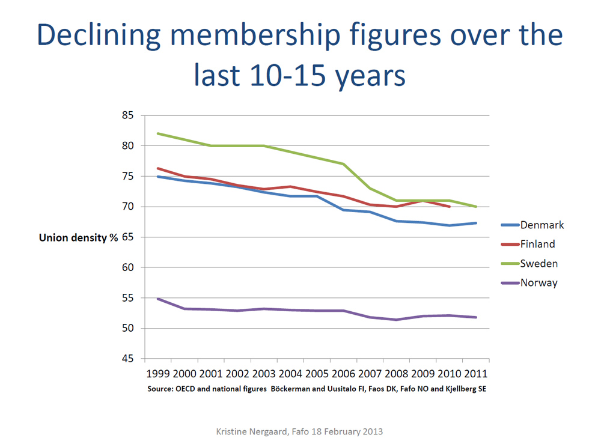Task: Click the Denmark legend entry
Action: click(541, 225)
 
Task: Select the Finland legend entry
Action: click(537, 245)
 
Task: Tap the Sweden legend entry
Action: click(538, 264)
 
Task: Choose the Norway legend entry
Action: click(538, 283)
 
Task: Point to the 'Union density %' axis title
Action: click(78, 237)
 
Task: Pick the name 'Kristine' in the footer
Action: click(233, 431)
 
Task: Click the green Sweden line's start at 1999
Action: click(158, 133)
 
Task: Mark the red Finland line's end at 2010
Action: click(450, 207)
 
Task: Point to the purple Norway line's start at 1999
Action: click(158, 299)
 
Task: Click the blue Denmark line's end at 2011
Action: click(476, 223)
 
